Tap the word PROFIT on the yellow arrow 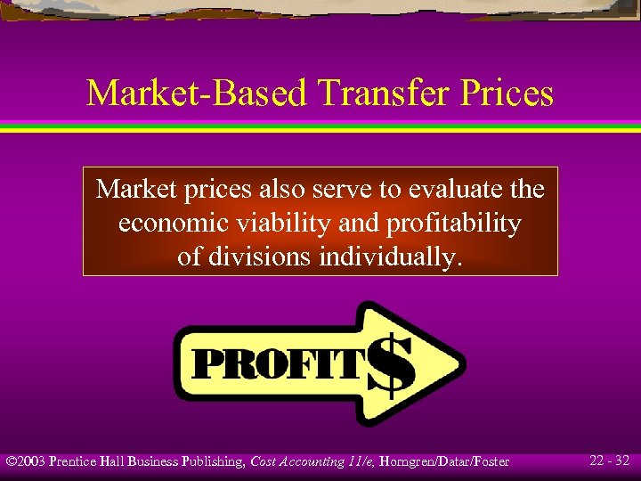pos(280,365)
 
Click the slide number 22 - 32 pos(610,461)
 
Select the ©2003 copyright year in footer pos(26,461)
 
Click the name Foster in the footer pos(491,461)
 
